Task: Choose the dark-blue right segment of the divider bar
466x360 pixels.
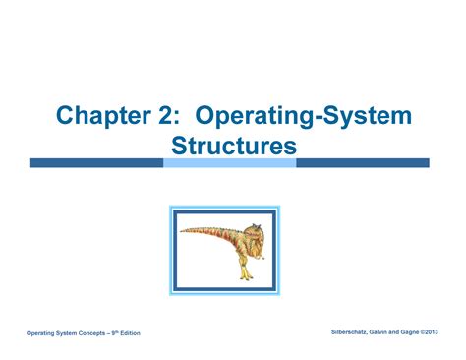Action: [x=364, y=163]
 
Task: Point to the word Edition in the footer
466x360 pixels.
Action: [x=129, y=334]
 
